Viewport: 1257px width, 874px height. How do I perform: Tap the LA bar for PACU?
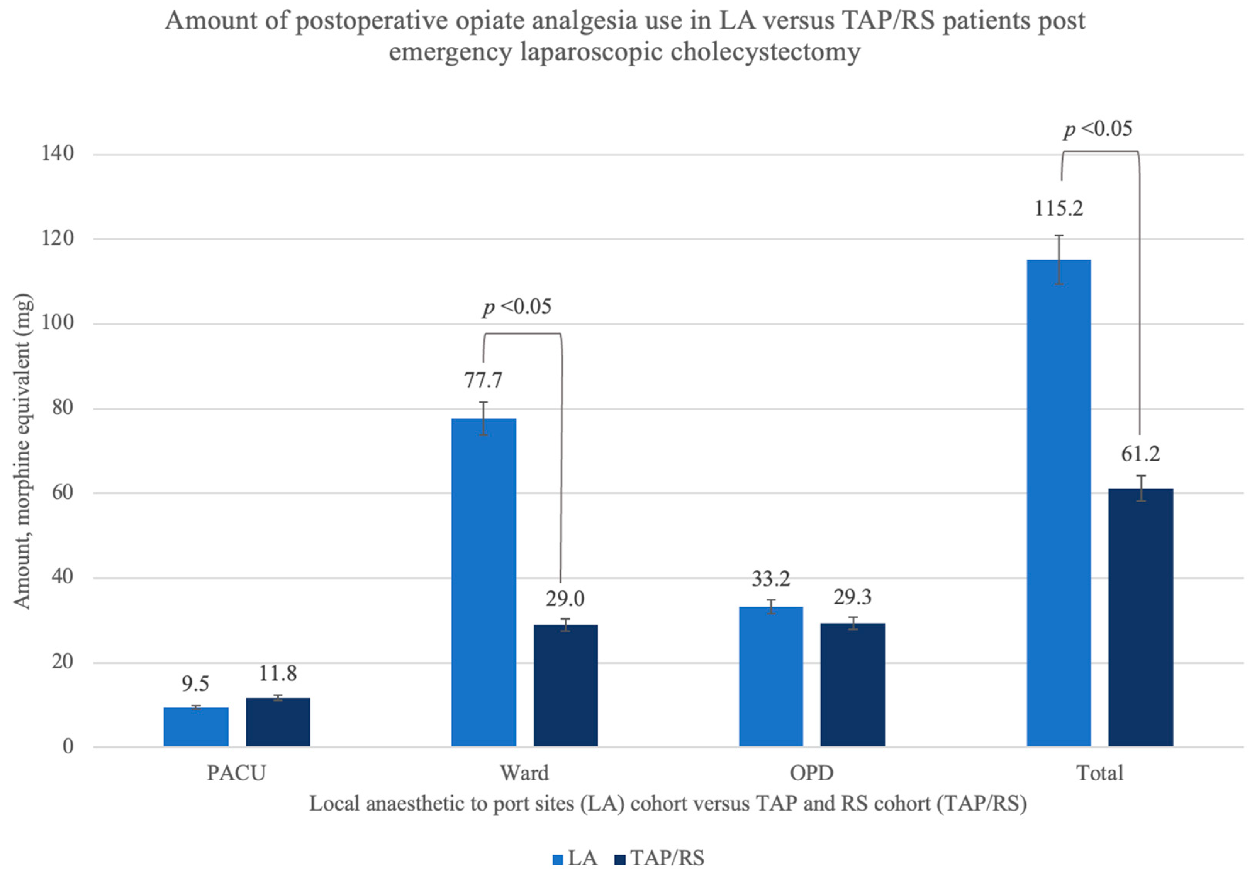point(195,727)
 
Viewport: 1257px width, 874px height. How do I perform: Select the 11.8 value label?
point(277,673)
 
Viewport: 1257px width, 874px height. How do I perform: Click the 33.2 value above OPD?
point(770,579)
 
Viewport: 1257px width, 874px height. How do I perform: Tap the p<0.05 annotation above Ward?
point(517,307)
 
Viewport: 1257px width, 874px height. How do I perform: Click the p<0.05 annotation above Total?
point(1098,129)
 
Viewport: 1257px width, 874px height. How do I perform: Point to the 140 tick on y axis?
point(58,153)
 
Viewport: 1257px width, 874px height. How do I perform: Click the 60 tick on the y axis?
point(62,492)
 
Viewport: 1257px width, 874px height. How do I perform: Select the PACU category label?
point(236,773)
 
